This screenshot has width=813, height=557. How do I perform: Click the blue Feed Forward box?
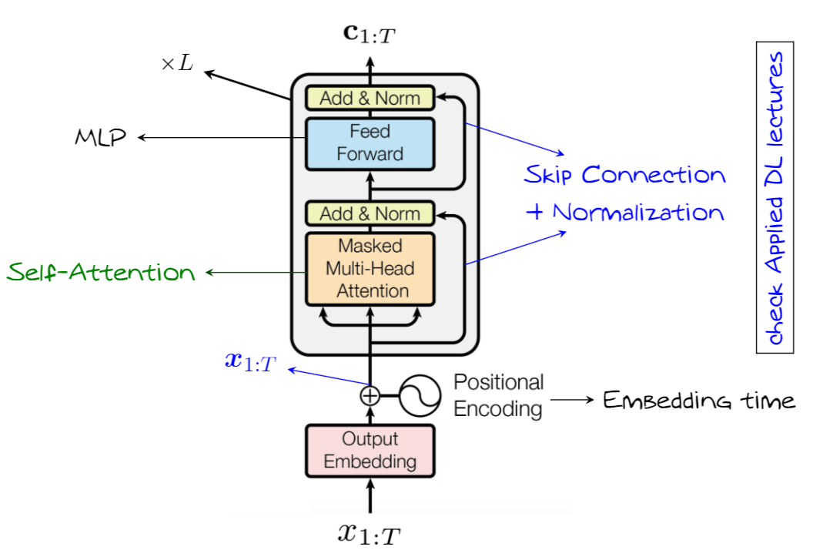pos(370,143)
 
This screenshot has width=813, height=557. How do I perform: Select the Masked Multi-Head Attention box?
pos(370,269)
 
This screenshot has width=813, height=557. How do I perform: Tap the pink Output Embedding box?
pos(370,450)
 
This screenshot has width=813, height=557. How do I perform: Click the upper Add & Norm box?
pos(370,98)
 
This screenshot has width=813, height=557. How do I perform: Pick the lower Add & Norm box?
pos(370,213)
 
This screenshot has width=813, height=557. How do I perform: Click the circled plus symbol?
pos(370,396)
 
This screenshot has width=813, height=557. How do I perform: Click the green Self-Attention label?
pos(102,272)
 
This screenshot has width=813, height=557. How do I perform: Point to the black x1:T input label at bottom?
pos(370,534)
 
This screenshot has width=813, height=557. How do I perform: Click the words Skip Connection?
pos(624,176)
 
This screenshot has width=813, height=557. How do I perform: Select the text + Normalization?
pos(624,213)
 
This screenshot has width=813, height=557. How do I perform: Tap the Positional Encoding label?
pos(498,395)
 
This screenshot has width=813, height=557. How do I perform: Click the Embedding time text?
pos(698,401)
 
